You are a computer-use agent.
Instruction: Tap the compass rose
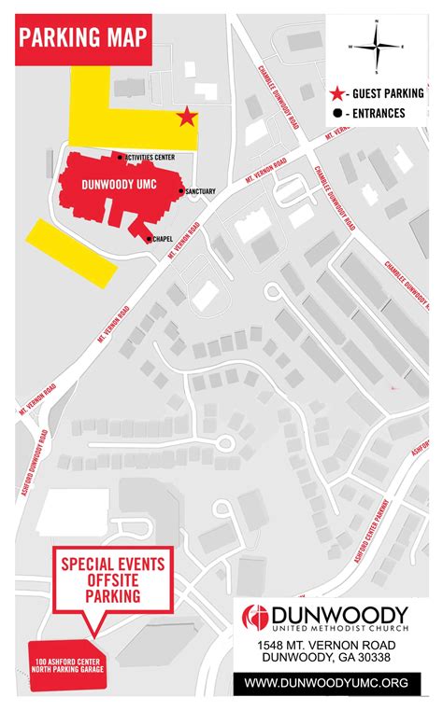point(376,45)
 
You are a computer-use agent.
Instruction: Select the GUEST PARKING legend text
point(388,93)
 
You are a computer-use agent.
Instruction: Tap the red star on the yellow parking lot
point(187,117)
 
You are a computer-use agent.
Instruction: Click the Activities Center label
point(150,158)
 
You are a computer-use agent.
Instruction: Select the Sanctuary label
point(200,192)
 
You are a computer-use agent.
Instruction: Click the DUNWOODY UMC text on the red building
point(118,185)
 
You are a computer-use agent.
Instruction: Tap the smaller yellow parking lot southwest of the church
point(71,252)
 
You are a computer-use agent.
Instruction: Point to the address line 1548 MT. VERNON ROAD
point(325,646)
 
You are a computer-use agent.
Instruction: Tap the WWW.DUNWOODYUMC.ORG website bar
point(325,683)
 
